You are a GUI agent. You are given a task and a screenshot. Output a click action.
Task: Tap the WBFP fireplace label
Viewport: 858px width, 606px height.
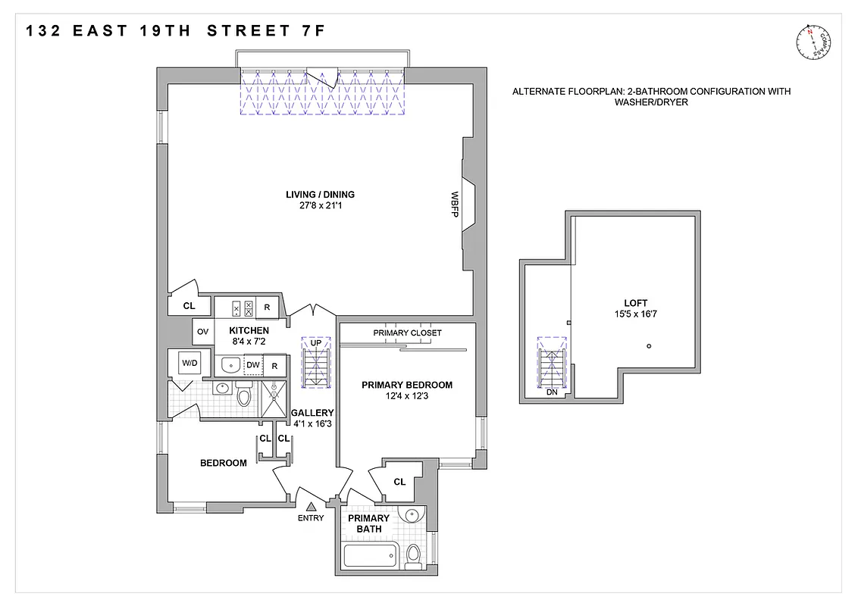click(x=456, y=205)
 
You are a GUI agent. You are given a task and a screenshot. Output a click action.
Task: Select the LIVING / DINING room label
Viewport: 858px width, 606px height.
click(x=320, y=195)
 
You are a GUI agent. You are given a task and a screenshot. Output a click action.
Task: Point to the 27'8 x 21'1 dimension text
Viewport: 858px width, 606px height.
click(x=320, y=206)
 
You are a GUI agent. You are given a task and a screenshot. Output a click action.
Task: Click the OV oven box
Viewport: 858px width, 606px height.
click(x=202, y=331)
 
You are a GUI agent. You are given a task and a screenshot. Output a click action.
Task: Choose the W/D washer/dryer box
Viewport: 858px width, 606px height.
click(x=189, y=364)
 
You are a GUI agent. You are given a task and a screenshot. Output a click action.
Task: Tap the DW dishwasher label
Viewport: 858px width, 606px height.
click(x=253, y=365)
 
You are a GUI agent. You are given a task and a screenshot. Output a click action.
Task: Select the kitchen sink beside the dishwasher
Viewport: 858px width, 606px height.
click(x=230, y=366)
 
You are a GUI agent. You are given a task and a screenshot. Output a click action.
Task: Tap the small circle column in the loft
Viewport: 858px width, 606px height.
click(x=650, y=346)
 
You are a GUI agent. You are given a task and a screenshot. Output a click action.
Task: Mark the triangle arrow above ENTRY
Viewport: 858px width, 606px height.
click(x=311, y=506)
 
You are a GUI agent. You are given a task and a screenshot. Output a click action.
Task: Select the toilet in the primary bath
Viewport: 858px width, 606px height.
click(x=414, y=556)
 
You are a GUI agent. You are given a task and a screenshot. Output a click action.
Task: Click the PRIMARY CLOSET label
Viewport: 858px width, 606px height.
click(x=407, y=333)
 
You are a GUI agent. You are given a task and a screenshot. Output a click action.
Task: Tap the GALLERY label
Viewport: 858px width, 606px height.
click(x=312, y=413)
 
